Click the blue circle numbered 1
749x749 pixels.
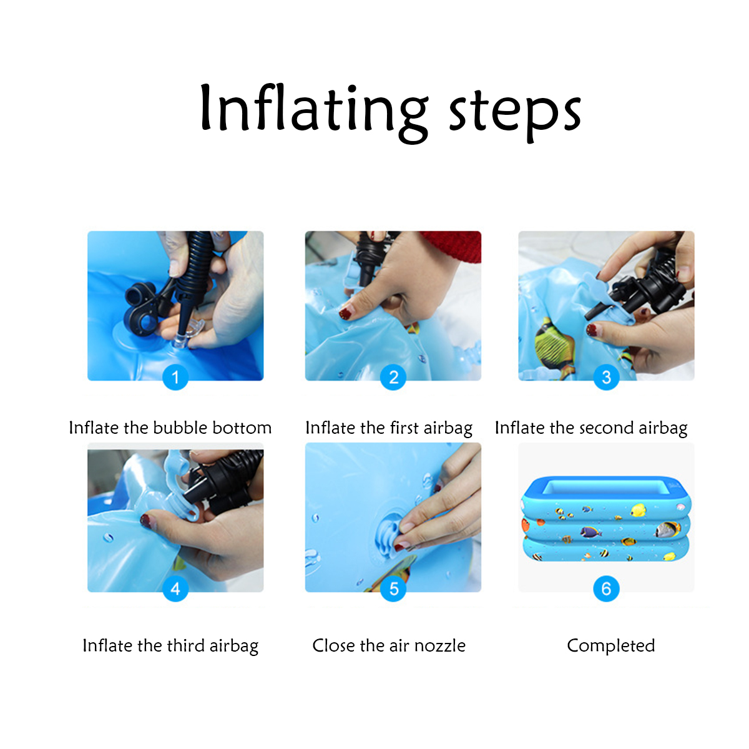click(175, 376)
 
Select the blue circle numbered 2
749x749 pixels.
click(393, 376)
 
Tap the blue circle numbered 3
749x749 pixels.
click(606, 376)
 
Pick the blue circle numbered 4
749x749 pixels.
click(175, 589)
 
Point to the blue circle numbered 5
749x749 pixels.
click(393, 589)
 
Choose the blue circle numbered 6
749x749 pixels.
click(606, 589)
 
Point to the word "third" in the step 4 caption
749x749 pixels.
click(186, 645)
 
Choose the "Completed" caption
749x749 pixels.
click(610, 645)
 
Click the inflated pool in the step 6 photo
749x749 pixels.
click(605, 519)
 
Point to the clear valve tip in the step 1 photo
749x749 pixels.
click(180, 341)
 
